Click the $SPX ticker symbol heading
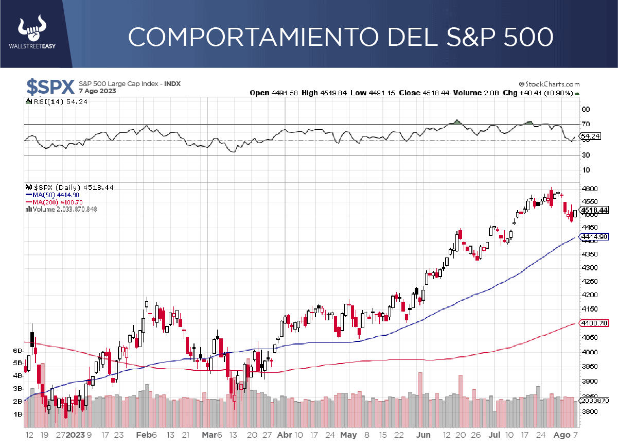point(50,87)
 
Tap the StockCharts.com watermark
point(550,84)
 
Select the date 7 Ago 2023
point(97,91)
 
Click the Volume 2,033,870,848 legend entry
point(63,209)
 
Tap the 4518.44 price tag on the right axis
point(595,210)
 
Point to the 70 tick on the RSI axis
point(586,124)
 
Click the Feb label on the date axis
point(143,435)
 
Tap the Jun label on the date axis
point(423,435)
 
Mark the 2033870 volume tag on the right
point(595,401)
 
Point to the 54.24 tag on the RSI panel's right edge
point(590,136)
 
